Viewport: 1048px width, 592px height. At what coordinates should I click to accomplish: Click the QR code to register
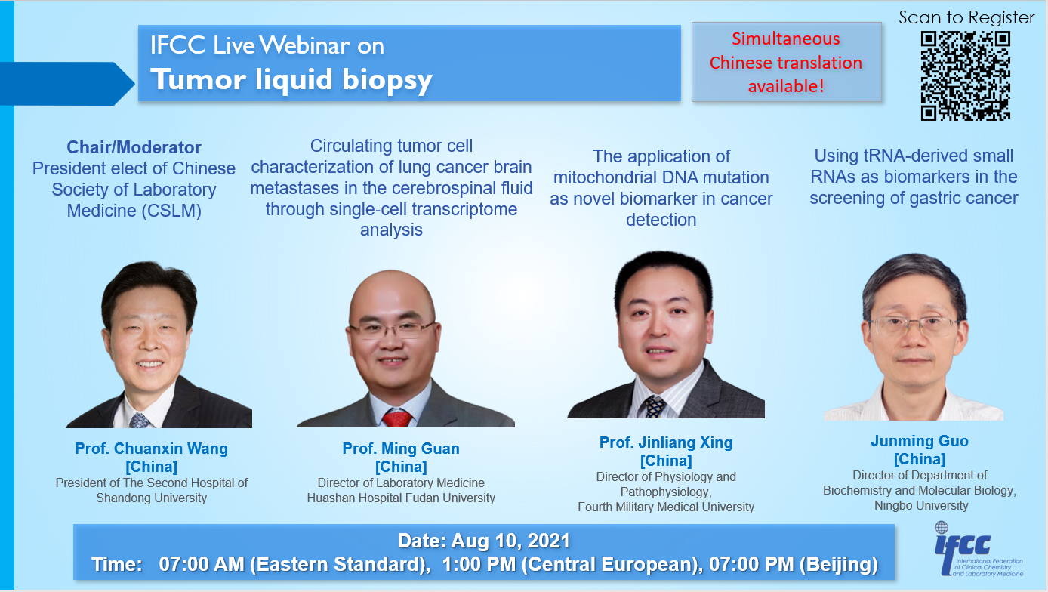966,76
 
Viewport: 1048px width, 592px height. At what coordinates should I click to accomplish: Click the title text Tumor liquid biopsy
291,79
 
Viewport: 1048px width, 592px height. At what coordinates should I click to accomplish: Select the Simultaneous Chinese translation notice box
786,63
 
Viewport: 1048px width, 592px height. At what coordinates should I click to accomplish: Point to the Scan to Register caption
966,17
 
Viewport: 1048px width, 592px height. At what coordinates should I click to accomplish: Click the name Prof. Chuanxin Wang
151,449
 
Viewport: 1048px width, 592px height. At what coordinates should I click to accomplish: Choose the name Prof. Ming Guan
401,449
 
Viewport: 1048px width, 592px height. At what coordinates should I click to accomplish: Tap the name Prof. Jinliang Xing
666,442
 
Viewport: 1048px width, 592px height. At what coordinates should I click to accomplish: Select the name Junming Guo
919,441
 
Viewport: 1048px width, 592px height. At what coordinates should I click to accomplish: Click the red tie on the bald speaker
396,418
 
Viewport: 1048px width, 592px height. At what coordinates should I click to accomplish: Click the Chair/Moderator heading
134,147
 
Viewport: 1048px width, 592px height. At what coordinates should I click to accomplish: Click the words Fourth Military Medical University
666,507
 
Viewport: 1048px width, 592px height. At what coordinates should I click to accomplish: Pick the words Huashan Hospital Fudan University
401,498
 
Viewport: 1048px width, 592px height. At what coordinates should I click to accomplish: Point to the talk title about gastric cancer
914,177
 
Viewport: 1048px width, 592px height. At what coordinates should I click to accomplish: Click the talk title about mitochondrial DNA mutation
661,188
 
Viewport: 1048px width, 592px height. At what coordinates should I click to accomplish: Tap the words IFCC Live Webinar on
267,46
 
